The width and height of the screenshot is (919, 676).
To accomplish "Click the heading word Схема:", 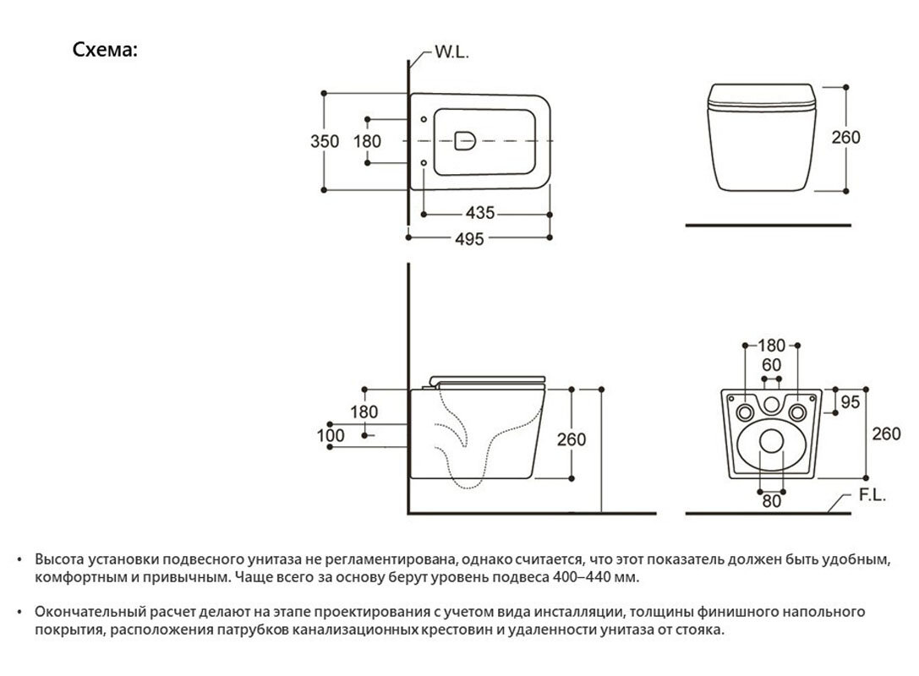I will tap(106, 50).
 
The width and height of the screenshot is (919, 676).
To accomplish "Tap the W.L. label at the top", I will tap(451, 52).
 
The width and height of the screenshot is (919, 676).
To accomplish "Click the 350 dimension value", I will tap(324, 141).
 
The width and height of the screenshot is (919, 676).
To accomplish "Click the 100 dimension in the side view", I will tap(331, 435).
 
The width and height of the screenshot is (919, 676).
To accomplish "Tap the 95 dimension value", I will tap(850, 402).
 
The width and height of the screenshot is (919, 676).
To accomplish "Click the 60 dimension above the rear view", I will tap(770, 366).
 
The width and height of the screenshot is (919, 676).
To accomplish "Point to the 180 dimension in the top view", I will tap(367, 141).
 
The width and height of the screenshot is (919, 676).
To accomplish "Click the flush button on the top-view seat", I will tap(463, 140).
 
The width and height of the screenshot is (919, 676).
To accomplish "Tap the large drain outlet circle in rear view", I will tap(771, 442).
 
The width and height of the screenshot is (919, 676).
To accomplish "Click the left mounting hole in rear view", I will tap(745, 412).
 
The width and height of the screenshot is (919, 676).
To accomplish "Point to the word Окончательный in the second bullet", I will tap(82, 611).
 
